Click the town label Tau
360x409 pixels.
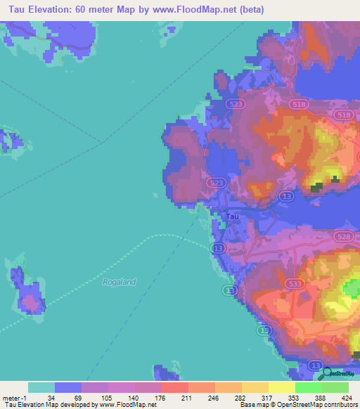coord(232,216)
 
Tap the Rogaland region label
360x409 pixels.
coord(118,282)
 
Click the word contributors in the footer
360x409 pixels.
coord(340,405)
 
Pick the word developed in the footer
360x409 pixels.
coord(70,405)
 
